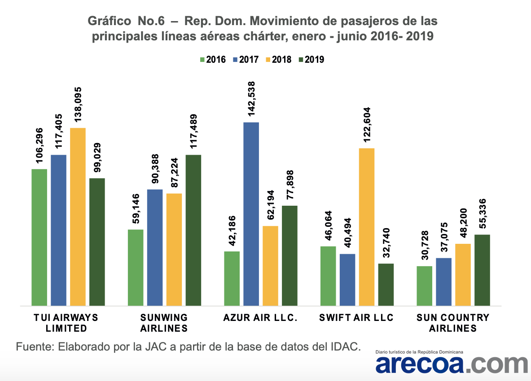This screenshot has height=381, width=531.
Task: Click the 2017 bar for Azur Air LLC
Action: (251, 214)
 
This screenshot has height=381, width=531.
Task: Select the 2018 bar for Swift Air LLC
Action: (367, 227)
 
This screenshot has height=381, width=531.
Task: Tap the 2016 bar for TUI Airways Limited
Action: (39, 237)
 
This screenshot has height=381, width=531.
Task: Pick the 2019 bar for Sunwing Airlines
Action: (193, 230)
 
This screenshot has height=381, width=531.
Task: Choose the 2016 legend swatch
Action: (202, 60)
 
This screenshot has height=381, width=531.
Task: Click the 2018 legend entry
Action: (277, 60)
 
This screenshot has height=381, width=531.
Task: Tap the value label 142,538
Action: (251, 100)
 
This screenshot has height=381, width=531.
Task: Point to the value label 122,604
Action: (367, 126)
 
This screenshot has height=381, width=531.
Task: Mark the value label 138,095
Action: (78, 105)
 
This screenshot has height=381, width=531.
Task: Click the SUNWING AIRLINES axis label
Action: (164, 323)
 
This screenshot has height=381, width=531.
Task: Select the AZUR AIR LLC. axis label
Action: (260, 318)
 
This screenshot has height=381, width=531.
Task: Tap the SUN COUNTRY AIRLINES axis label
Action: (453, 323)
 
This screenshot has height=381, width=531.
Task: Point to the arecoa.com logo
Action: (452, 364)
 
